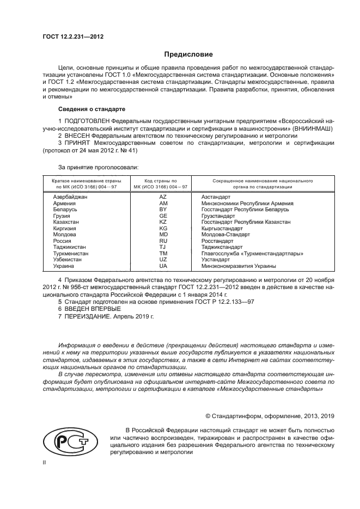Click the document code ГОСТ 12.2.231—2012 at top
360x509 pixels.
[73, 36]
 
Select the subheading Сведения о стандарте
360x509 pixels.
[91, 109]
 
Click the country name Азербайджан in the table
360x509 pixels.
[71, 197]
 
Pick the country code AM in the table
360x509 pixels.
[162, 203]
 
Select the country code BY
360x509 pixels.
[162, 210]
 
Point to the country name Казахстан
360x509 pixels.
[66, 222]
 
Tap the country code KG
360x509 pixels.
[162, 229]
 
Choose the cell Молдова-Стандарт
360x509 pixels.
[225, 235]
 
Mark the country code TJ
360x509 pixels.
[162, 247]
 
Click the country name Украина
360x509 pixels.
[63, 266]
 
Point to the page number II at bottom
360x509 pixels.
[46, 462]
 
